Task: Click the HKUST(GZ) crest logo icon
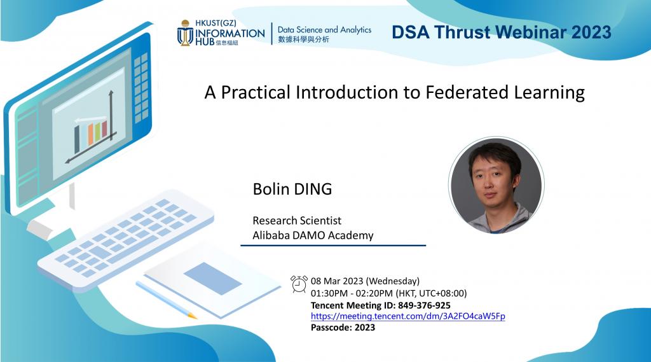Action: click(x=186, y=34)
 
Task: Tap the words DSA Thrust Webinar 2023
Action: click(x=501, y=32)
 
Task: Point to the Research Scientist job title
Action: click(x=297, y=220)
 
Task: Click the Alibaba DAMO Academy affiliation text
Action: click(x=313, y=235)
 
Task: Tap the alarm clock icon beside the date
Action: click(x=299, y=284)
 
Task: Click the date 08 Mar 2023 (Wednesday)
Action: click(x=365, y=281)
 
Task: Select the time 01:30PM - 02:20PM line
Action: click(x=388, y=293)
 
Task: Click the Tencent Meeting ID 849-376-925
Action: click(x=380, y=305)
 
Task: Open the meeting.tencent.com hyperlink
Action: click(x=408, y=316)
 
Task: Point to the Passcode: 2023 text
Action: click(x=343, y=328)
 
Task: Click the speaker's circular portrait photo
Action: click(x=496, y=184)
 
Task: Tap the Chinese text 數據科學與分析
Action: click(x=304, y=40)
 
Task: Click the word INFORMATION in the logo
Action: click(x=230, y=33)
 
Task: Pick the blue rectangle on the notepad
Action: click(x=212, y=278)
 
